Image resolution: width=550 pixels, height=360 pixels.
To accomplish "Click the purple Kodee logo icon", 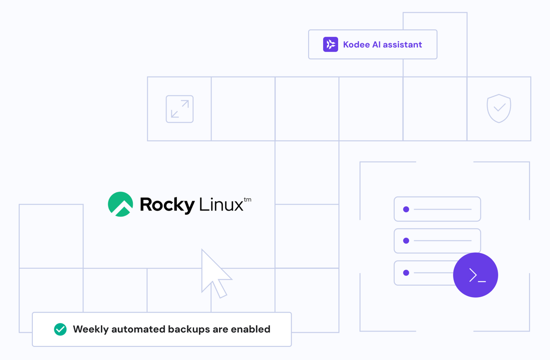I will coord(331,45).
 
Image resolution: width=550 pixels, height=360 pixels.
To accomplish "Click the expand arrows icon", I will coord(180,109).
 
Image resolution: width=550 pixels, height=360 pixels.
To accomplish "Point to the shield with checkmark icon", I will coord(499,108).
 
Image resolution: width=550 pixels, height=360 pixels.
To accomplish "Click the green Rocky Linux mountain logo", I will coord(121,204).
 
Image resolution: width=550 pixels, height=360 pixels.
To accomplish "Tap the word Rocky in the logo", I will coord(167,205).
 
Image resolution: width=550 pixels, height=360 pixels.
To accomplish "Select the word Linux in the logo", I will coord(221,205).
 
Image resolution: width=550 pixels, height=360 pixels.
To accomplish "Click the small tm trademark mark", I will coord(248,200).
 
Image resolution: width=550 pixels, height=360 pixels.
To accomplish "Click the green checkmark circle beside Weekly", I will coord(60,330).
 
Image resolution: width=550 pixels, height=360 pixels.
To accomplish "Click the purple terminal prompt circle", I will coord(475,275).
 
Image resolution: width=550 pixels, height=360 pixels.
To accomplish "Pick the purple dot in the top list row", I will coord(406,210).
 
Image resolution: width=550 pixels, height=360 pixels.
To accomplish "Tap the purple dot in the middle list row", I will coord(406,241).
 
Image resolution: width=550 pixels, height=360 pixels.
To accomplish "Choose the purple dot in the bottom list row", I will coord(406,273).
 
